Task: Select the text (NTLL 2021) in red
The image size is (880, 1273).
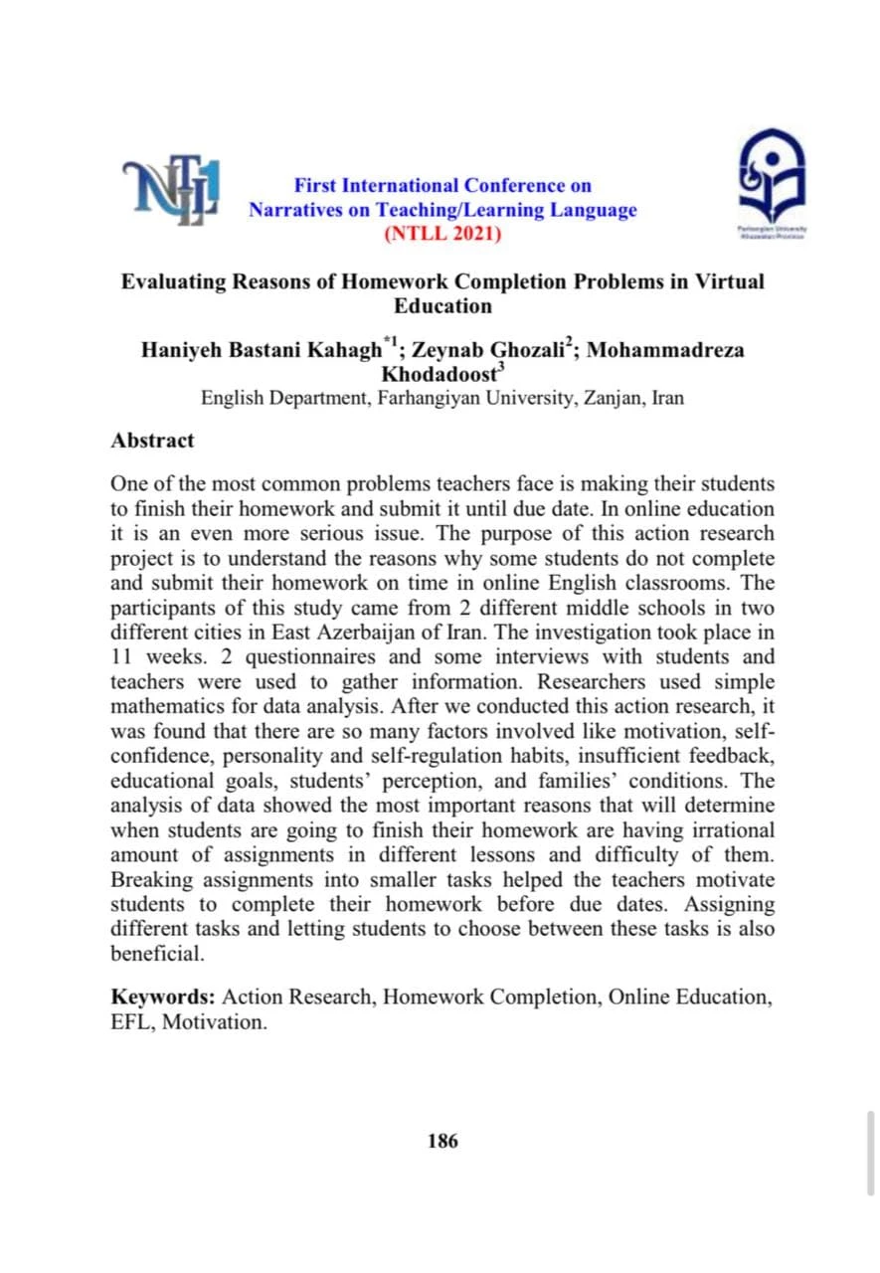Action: (442, 235)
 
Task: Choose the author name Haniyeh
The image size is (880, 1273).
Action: (183, 351)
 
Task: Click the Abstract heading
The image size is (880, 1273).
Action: (152, 440)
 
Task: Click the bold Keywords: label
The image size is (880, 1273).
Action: (163, 997)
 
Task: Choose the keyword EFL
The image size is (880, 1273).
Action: (129, 1021)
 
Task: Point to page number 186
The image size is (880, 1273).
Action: (441, 1141)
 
